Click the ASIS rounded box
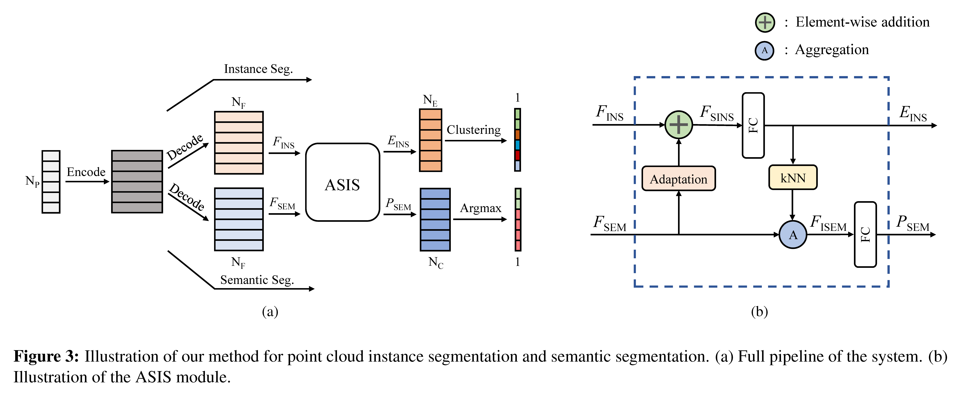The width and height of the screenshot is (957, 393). tap(342, 182)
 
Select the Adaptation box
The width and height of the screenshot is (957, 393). tap(678, 179)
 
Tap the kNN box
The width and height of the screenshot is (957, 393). tap(793, 178)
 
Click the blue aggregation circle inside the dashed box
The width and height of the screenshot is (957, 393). tap(793, 235)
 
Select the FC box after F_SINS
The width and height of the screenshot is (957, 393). tap(753, 125)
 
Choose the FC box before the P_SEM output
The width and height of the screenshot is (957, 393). tap(865, 234)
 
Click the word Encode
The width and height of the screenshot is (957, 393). tap(86, 172)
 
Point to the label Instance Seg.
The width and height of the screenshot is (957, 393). tap(258, 69)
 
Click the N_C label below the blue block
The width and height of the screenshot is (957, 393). tap(435, 262)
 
